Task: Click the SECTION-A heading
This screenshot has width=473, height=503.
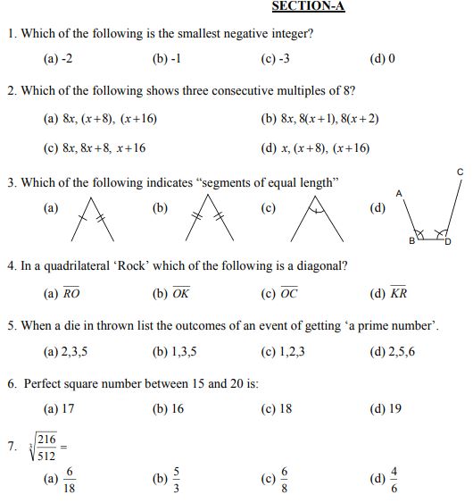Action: click(308, 6)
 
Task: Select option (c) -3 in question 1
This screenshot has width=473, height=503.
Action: click(275, 60)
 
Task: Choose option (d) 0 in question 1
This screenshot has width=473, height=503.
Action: click(382, 60)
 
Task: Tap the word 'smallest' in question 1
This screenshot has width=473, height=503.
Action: click(195, 34)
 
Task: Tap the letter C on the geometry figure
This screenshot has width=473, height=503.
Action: click(460, 170)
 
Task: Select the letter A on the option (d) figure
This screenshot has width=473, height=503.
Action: click(399, 193)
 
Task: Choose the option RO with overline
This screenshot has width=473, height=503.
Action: click(72, 293)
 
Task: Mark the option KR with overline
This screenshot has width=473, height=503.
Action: click(399, 293)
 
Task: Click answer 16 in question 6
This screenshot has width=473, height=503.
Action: click(176, 409)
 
